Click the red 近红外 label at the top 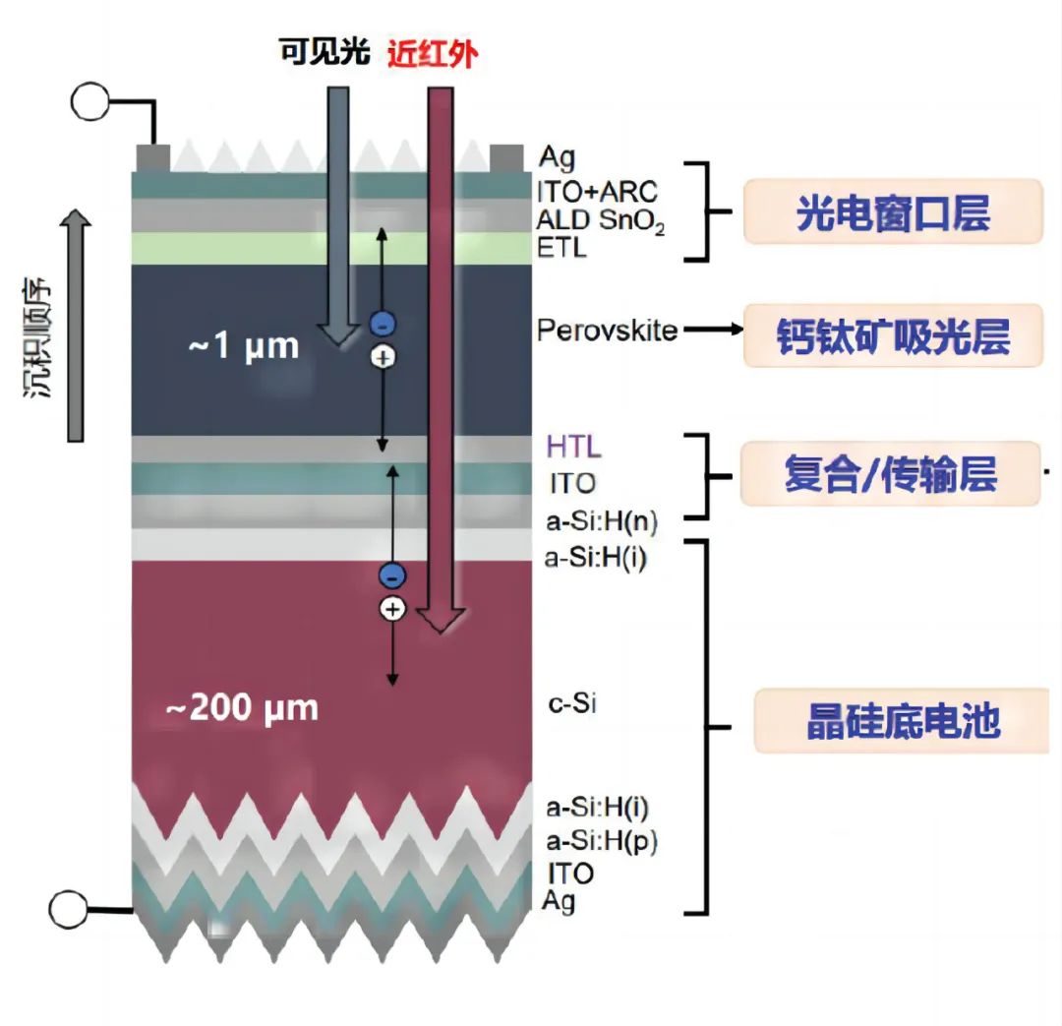433,53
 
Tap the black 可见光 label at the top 324,52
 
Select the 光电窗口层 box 892,212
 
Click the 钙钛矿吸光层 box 892,335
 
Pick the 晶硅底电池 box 902,721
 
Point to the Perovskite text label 607,331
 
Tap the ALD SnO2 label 600,220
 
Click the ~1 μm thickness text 243,346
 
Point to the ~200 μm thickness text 241,707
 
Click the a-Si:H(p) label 602,841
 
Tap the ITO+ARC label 597,189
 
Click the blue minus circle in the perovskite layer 383,323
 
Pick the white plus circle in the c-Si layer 392,610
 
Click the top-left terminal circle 90,101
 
